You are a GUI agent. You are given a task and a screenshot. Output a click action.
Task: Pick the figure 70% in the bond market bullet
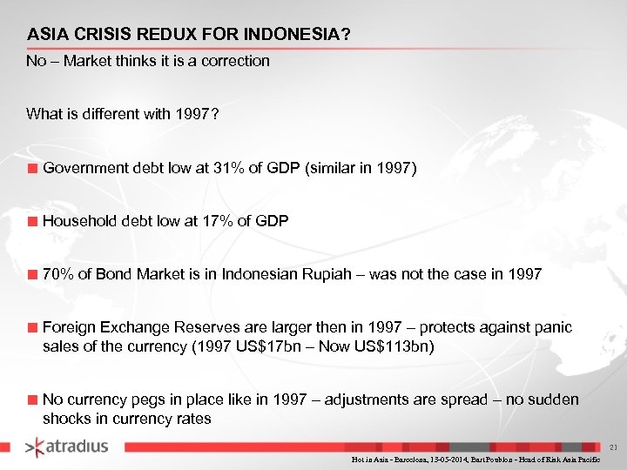pos(58,274)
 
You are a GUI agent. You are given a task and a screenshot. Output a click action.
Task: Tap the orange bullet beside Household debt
pos(32,222)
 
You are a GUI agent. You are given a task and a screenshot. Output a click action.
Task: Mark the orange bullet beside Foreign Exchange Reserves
pos(32,328)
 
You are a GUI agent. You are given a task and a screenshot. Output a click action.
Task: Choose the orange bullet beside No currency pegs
pos(32,400)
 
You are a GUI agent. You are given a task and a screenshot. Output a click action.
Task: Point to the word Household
pos(76,221)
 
